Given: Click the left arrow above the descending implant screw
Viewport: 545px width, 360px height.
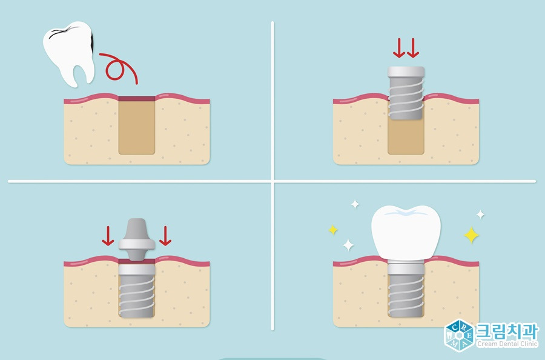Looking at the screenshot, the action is click(398, 48).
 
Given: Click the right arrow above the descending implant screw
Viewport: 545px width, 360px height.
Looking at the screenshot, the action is click(413, 48).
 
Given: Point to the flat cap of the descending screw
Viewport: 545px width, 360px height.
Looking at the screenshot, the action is click(406, 72).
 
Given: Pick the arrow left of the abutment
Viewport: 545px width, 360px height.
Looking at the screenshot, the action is click(108, 236).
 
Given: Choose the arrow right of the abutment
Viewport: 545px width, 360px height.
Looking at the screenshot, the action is click(165, 236).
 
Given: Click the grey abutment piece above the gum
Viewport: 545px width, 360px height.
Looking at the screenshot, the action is click(137, 239).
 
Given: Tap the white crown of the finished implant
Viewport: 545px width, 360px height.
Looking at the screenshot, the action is click(406, 232).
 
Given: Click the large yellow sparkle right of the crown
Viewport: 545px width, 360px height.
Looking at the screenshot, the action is click(471, 235).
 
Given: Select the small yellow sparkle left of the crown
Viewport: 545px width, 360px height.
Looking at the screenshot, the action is click(333, 230).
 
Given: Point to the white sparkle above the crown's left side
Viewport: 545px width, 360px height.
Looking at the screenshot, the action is click(355, 204).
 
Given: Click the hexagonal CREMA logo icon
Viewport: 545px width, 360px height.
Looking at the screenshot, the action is click(459, 335).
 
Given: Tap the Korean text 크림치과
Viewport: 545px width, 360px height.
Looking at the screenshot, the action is click(506, 331).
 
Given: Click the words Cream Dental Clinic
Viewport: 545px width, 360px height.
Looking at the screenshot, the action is click(507, 344).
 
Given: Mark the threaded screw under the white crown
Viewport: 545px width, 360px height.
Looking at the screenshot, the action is click(406, 290).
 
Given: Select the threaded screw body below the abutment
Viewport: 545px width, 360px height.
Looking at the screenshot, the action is click(137, 290).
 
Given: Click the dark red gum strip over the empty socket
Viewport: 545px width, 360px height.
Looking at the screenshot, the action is click(137, 99).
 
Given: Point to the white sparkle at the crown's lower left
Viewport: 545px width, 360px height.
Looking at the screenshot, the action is click(348, 245).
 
